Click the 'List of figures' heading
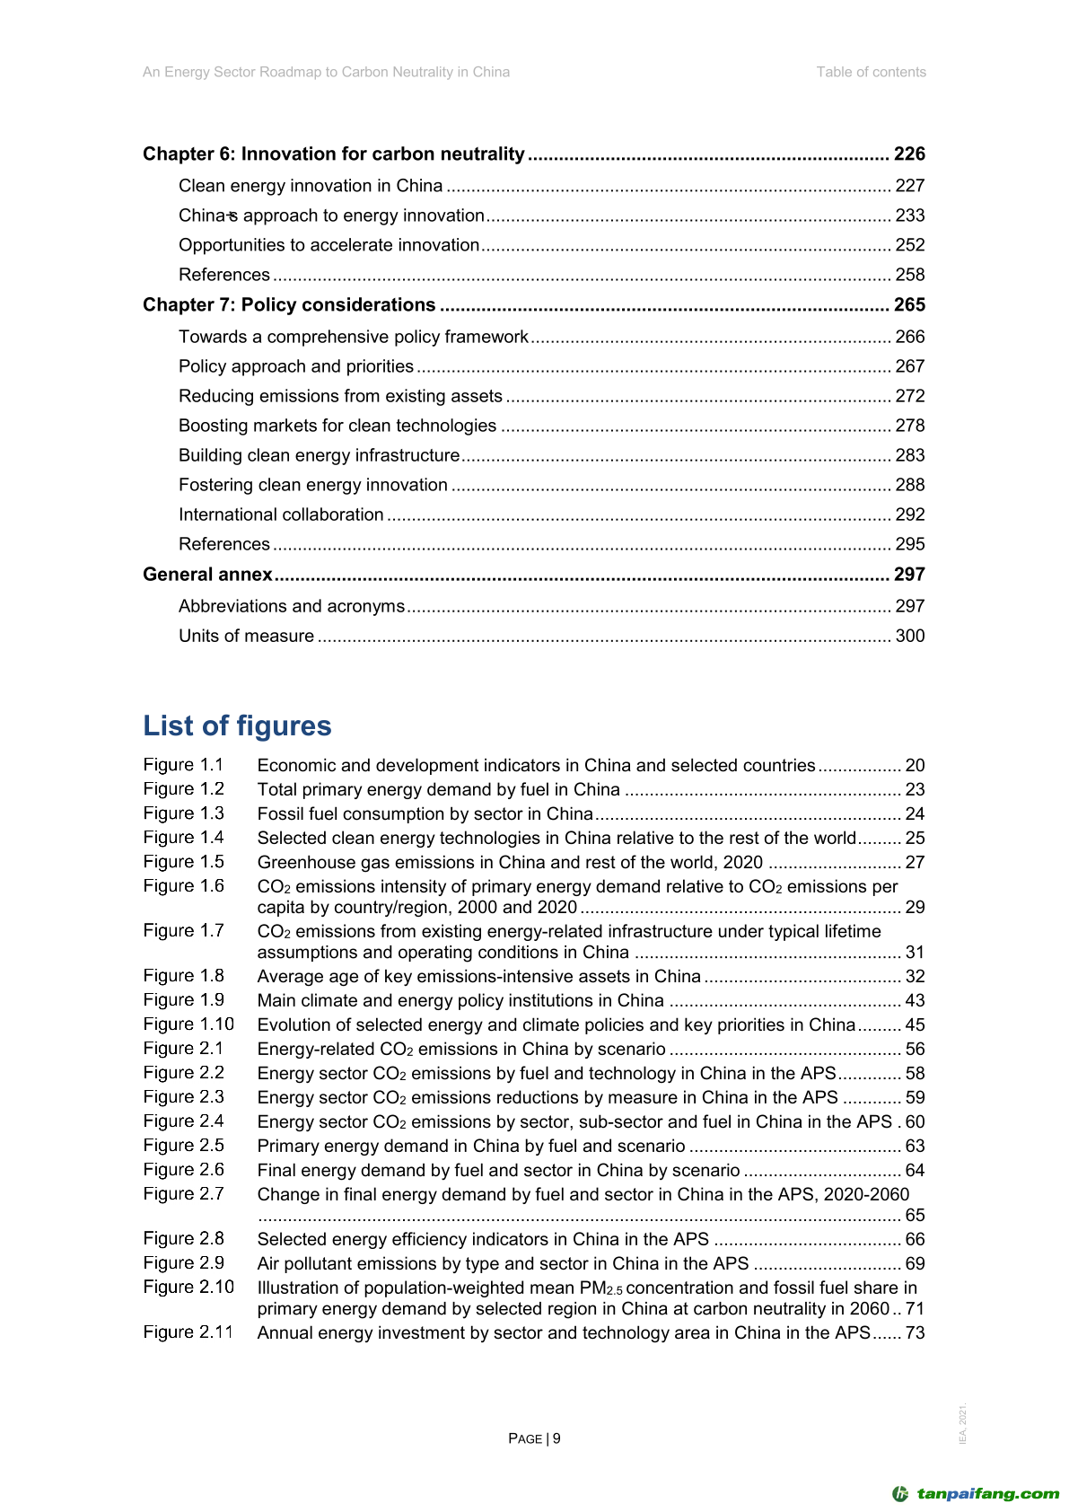click(237, 725)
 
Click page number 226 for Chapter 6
click(908, 154)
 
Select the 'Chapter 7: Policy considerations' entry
click(289, 305)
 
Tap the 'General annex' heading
click(207, 575)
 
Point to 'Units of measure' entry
click(246, 636)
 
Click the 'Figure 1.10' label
click(188, 1024)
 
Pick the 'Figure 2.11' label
click(188, 1332)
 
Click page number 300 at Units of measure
click(909, 636)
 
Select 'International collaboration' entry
click(281, 514)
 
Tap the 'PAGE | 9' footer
click(534, 1438)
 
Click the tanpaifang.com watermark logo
click(976, 1494)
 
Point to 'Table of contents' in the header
click(871, 72)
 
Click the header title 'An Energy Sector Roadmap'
click(326, 72)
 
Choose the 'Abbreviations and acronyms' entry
click(292, 606)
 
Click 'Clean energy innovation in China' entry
click(311, 186)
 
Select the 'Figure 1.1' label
click(183, 765)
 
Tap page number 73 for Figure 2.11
click(915, 1332)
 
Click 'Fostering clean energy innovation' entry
click(312, 485)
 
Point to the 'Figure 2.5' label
click(183, 1146)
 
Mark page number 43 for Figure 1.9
click(915, 1000)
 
